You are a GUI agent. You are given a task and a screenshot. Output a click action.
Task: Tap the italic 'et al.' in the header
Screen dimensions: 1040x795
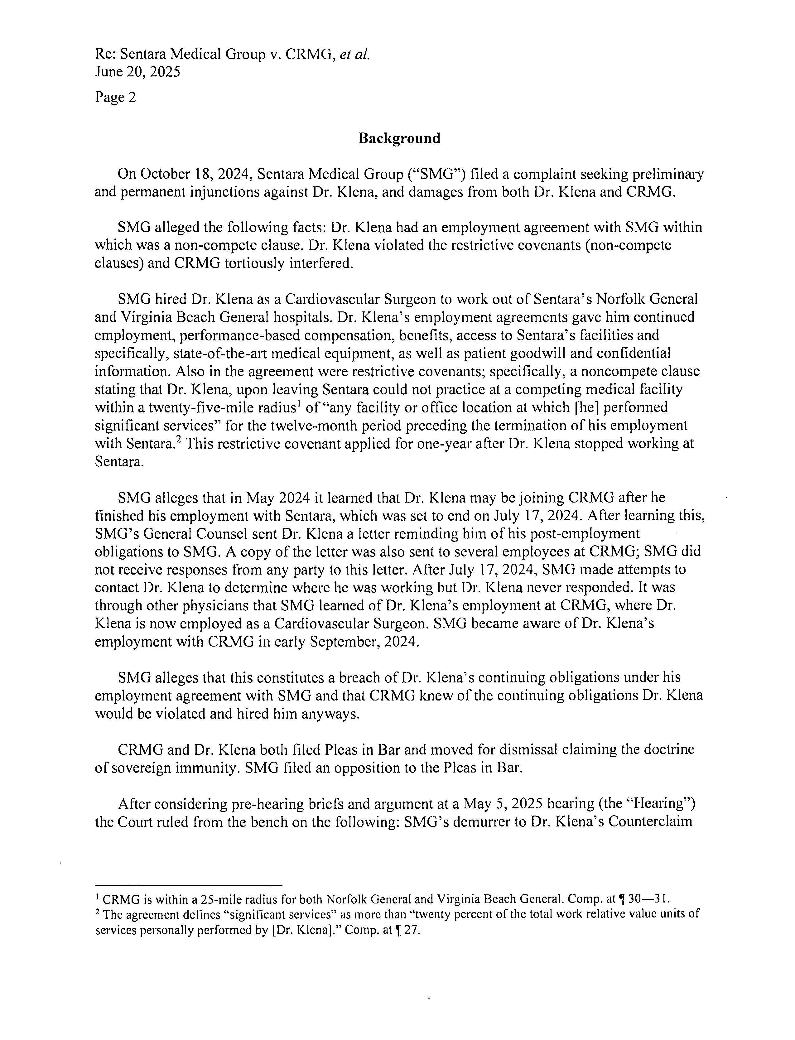(x=354, y=55)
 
